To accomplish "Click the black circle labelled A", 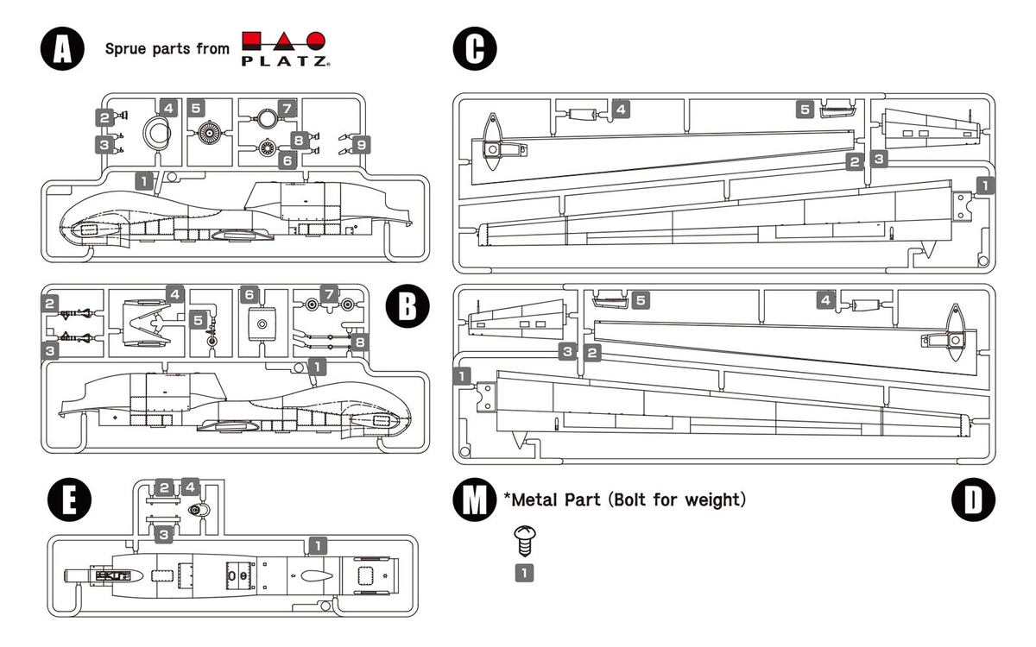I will (61, 48).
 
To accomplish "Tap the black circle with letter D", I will (974, 500).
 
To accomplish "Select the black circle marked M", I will (474, 500).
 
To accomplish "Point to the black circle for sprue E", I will (61, 500).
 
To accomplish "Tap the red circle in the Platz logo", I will (317, 41).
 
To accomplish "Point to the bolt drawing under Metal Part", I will (524, 542).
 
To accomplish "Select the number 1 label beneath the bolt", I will (524, 571).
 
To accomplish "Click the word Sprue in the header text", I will (126, 48).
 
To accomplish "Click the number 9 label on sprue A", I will (362, 144).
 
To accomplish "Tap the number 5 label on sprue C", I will (804, 109).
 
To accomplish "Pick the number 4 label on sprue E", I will (191, 487).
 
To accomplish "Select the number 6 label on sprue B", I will (250, 295).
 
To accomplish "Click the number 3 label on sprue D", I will (567, 351).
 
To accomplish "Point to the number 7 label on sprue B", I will (328, 295).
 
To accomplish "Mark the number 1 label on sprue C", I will (985, 185).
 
